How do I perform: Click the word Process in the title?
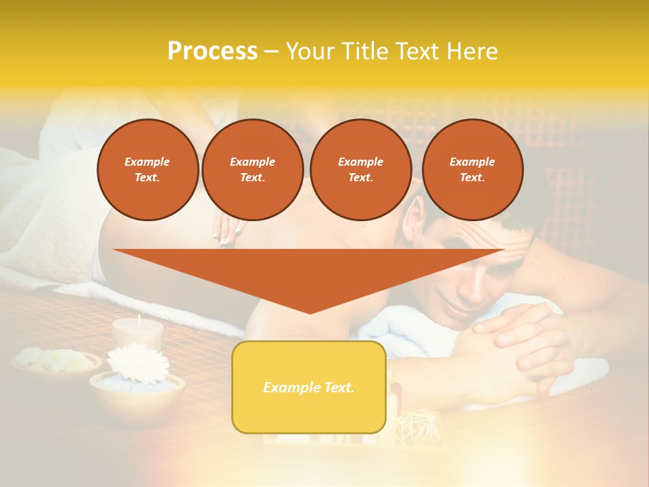tap(212, 51)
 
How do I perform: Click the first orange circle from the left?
tap(147, 169)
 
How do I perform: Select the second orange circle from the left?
tap(252, 169)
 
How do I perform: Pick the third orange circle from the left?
tap(360, 169)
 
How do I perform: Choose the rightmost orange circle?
tap(472, 169)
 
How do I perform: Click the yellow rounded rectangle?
tap(309, 387)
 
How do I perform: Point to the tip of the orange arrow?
tap(310, 312)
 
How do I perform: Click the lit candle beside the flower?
tap(138, 331)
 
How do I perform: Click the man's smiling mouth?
tap(459, 310)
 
